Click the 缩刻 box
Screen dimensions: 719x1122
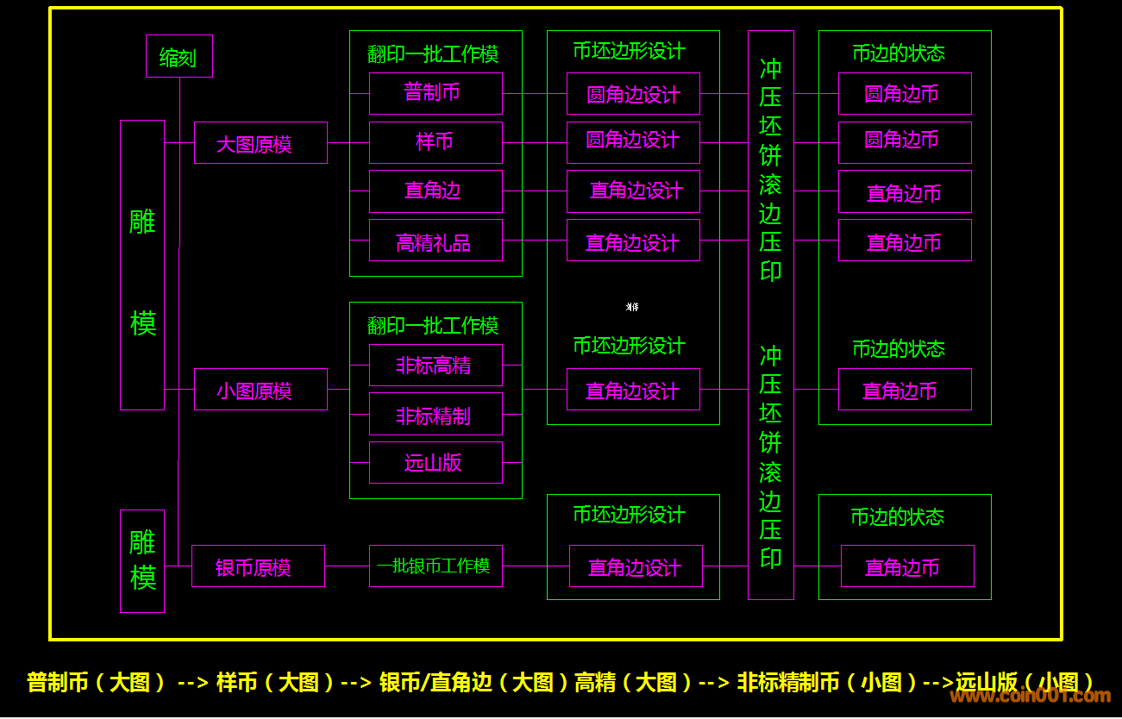click(x=179, y=57)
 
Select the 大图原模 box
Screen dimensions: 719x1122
click(x=260, y=143)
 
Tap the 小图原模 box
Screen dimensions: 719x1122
click(x=260, y=390)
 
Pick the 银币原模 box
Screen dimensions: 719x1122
click(x=258, y=566)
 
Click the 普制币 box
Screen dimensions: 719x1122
click(x=436, y=93)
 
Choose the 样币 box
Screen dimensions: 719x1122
click(x=436, y=142)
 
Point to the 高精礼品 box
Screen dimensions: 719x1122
click(x=436, y=241)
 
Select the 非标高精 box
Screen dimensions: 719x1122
click(x=436, y=365)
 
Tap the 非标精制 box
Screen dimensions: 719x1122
click(x=436, y=415)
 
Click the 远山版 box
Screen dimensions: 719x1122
click(x=436, y=463)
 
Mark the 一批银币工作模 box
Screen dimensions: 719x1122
click(x=436, y=566)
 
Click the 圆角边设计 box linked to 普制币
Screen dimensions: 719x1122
click(x=633, y=94)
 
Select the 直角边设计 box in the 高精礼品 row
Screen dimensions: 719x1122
click(x=633, y=241)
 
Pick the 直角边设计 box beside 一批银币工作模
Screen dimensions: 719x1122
click(x=636, y=566)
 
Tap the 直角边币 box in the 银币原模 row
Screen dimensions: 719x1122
click(x=907, y=566)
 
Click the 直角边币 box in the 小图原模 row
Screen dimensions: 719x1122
click(x=905, y=390)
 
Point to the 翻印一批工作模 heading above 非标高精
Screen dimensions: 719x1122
click(x=433, y=325)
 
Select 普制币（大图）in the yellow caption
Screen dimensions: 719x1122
click(x=97, y=683)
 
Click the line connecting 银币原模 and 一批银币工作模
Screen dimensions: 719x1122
click(x=347, y=566)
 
